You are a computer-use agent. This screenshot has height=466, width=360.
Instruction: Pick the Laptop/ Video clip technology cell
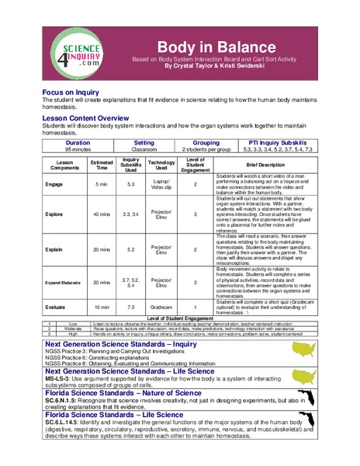(x=161, y=184)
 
